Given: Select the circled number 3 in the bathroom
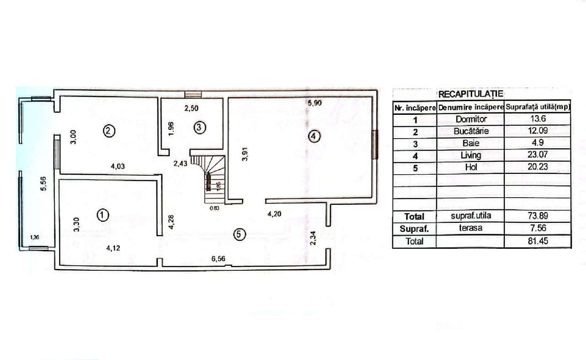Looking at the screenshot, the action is point(199,128).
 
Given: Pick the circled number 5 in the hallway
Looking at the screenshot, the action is point(239,235).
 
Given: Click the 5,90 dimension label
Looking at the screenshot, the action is point(315,103).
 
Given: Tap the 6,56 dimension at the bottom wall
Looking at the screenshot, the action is point(218,259).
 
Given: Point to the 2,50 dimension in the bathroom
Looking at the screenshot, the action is point(191,109).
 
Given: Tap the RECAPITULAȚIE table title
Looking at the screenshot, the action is point(471,94).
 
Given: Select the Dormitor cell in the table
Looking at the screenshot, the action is point(471,119).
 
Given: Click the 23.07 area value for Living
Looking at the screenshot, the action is point(537,155).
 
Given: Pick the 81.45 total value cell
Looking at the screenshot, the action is point(537,241).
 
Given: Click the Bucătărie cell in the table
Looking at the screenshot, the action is point(471,131).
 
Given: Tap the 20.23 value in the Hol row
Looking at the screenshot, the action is point(537,167).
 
